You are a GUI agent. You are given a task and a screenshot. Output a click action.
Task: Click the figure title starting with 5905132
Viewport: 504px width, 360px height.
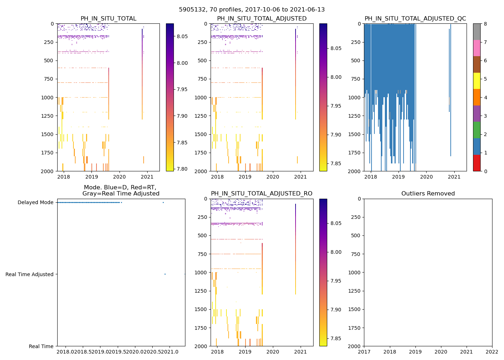[252, 10]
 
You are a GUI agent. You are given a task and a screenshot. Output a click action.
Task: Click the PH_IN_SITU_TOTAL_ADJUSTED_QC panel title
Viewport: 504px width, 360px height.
[415, 19]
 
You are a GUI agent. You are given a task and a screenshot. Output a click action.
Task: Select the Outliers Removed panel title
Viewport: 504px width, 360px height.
[428, 194]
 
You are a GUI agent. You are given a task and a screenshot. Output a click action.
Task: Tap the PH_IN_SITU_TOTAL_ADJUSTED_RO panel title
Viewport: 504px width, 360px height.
[262, 194]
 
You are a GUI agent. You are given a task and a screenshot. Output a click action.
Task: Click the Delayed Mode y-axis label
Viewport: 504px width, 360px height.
[35, 202]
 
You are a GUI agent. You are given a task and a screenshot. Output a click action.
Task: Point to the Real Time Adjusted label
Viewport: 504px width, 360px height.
[30, 274]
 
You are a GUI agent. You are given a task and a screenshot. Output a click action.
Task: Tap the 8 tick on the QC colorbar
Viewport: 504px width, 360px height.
[485, 24]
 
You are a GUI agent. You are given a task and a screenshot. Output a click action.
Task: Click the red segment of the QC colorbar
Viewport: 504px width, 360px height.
[477, 163]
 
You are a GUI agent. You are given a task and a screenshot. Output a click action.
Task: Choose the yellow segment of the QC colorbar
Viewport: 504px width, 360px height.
[477, 81]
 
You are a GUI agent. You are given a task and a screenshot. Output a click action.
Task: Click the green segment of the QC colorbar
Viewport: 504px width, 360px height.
[477, 130]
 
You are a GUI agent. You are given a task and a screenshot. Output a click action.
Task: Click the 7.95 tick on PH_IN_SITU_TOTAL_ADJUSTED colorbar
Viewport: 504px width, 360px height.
[336, 106]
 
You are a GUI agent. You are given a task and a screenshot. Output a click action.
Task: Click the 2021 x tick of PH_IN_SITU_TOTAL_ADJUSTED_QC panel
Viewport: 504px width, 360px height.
[454, 177]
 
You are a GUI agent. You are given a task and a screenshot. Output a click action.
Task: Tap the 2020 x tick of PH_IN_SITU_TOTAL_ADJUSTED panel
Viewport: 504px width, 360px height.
[273, 177]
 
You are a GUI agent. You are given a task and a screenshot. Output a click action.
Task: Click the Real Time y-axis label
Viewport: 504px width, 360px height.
[41, 346]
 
